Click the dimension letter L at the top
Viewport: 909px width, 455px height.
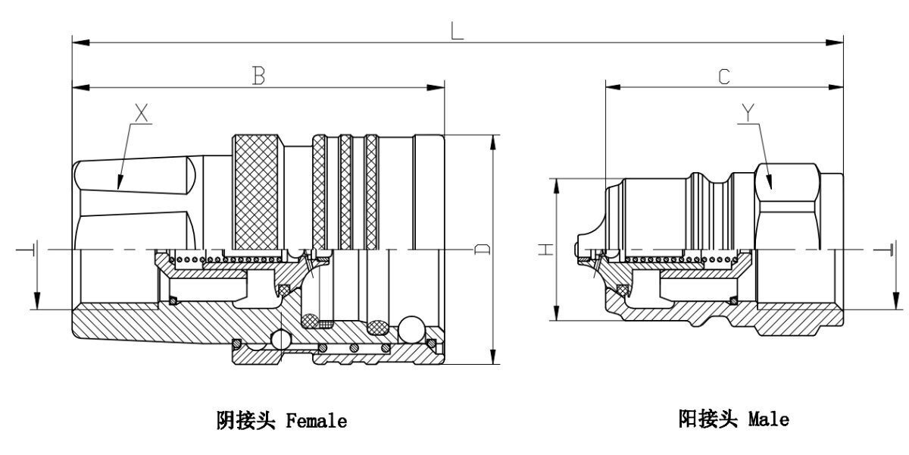[x=456, y=31]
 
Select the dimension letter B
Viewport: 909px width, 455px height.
[x=258, y=76]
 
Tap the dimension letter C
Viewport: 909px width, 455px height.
[x=724, y=76]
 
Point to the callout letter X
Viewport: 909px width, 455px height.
[x=140, y=115]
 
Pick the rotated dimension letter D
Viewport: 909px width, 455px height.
[x=481, y=249]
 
